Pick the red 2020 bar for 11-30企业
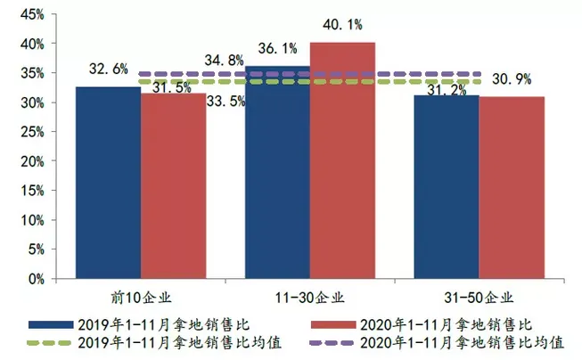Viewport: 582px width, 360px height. (x=342, y=160)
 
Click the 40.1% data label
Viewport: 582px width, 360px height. (x=342, y=25)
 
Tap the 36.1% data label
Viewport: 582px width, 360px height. (x=277, y=46)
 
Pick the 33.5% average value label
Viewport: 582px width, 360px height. (x=227, y=101)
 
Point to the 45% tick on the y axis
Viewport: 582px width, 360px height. (x=29, y=14)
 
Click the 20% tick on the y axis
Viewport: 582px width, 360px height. (x=29, y=161)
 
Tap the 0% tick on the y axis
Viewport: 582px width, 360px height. (x=35, y=279)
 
